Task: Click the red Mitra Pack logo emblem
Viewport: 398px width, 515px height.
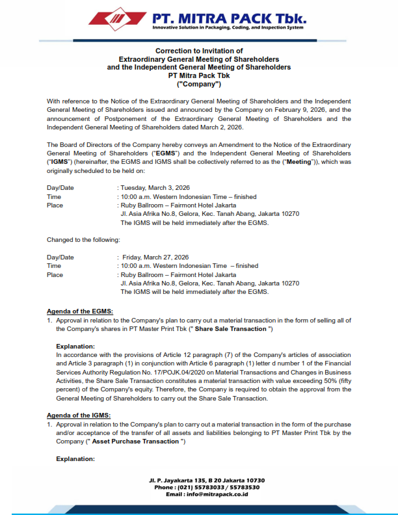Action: [x=116, y=20]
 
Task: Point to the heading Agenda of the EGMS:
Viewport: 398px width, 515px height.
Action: [x=80, y=312]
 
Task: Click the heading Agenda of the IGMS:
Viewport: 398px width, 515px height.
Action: [x=79, y=416]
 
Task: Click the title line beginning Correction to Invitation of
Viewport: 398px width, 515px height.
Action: [x=199, y=51]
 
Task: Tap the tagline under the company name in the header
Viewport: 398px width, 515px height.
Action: [x=228, y=28]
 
